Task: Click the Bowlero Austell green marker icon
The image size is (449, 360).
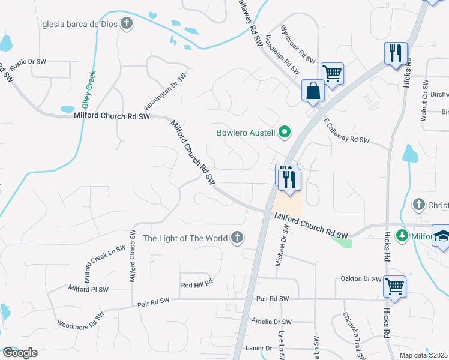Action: tap(285, 132)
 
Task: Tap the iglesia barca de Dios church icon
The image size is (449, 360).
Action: tap(126, 24)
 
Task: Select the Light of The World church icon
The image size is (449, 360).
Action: tap(237, 238)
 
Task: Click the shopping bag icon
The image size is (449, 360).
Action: tap(313, 92)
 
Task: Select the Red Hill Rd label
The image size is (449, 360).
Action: tap(197, 283)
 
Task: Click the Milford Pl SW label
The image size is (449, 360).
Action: tap(88, 289)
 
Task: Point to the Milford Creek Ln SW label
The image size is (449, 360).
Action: tap(105, 264)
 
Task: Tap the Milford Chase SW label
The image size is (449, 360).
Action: tap(133, 256)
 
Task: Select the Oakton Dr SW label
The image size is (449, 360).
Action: tap(361, 279)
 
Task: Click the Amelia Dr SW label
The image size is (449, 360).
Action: tap(271, 322)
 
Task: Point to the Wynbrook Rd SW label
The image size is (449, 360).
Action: tap(297, 44)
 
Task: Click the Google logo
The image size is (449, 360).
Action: tap(19, 353)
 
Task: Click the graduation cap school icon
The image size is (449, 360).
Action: tap(442, 236)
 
